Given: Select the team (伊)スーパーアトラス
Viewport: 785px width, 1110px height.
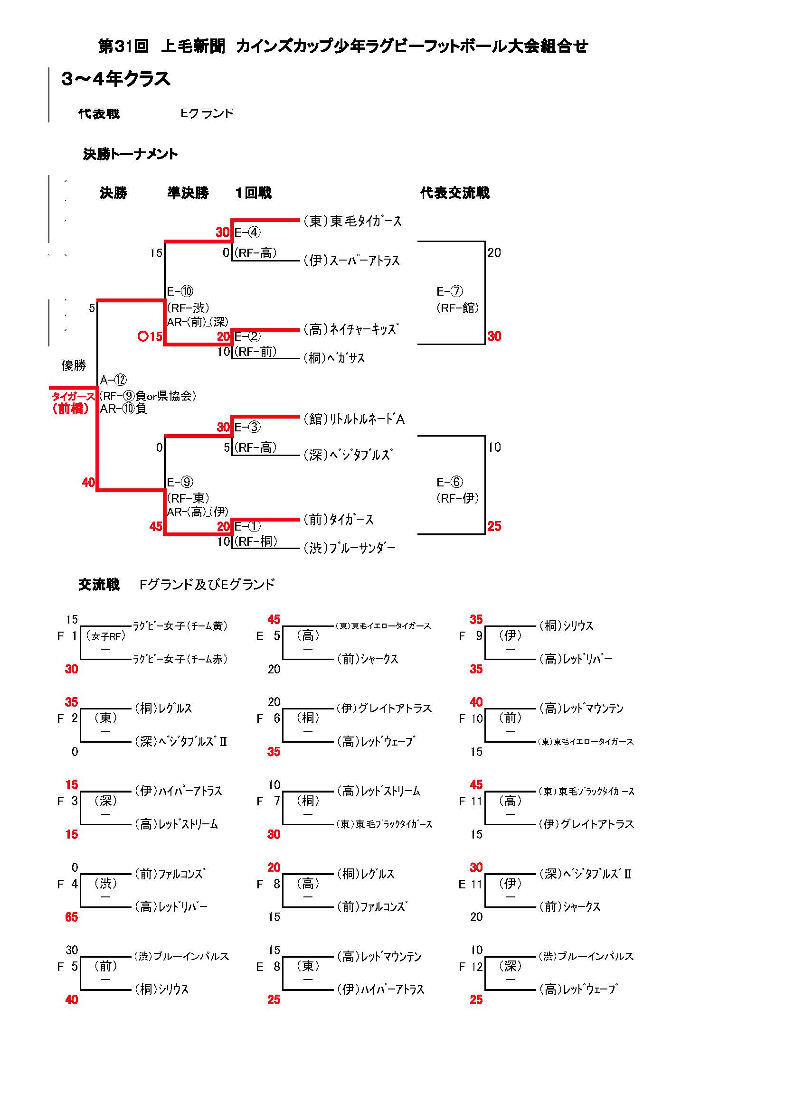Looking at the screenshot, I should click(351, 261).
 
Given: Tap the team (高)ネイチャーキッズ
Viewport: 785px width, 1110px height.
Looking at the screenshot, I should click(350, 330).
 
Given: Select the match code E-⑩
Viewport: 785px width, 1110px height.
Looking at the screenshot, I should click(180, 291).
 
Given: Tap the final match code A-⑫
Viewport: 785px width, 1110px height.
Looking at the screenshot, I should click(113, 380).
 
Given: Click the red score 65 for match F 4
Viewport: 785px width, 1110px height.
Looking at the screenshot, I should click(72, 917).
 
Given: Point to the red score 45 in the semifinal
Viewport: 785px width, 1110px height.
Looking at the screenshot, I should click(156, 526).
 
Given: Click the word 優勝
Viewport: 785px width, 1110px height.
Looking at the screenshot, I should click(74, 365).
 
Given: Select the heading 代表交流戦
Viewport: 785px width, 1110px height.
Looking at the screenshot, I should click(454, 193).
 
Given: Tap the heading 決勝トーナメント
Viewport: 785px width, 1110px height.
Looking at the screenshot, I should click(130, 154).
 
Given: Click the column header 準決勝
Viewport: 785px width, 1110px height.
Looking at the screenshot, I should click(188, 193).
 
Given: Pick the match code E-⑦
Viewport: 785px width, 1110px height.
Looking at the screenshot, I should click(449, 291).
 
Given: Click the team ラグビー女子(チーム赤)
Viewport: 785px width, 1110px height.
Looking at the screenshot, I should click(180, 659).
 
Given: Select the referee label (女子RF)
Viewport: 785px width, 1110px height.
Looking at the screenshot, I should click(105, 636).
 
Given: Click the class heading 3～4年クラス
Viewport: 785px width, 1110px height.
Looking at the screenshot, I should click(116, 79).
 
